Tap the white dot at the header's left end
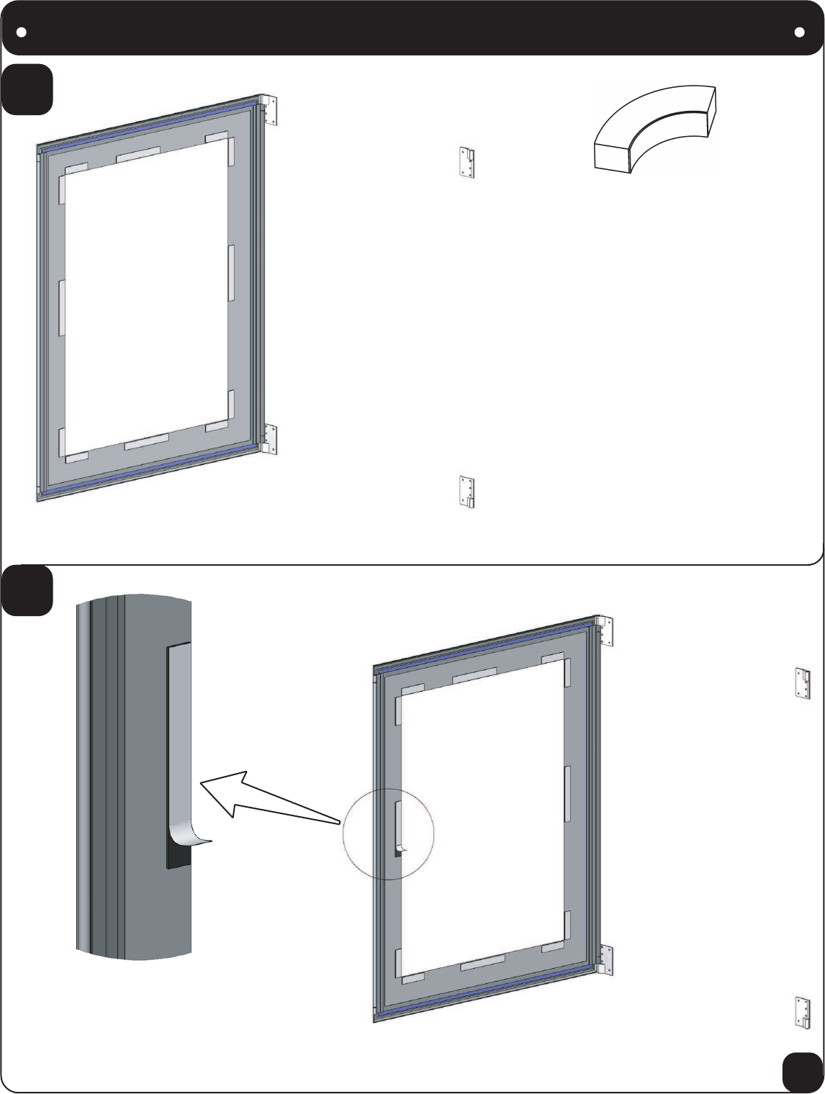[x=22, y=32]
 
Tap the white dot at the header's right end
[x=799, y=32]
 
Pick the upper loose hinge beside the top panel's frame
[x=466, y=163]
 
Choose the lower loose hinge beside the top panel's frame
[x=467, y=492]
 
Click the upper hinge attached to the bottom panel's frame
[x=605, y=631]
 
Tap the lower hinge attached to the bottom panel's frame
[x=605, y=960]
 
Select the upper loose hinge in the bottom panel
[x=803, y=683]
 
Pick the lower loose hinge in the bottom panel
[x=803, y=1011]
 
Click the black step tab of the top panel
[x=27, y=89]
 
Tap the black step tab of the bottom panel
[x=27, y=590]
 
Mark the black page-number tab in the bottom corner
[x=802, y=1072]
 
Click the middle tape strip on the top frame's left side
[x=62, y=308]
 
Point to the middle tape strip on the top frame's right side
[x=232, y=273]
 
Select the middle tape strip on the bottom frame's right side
[x=567, y=794]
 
